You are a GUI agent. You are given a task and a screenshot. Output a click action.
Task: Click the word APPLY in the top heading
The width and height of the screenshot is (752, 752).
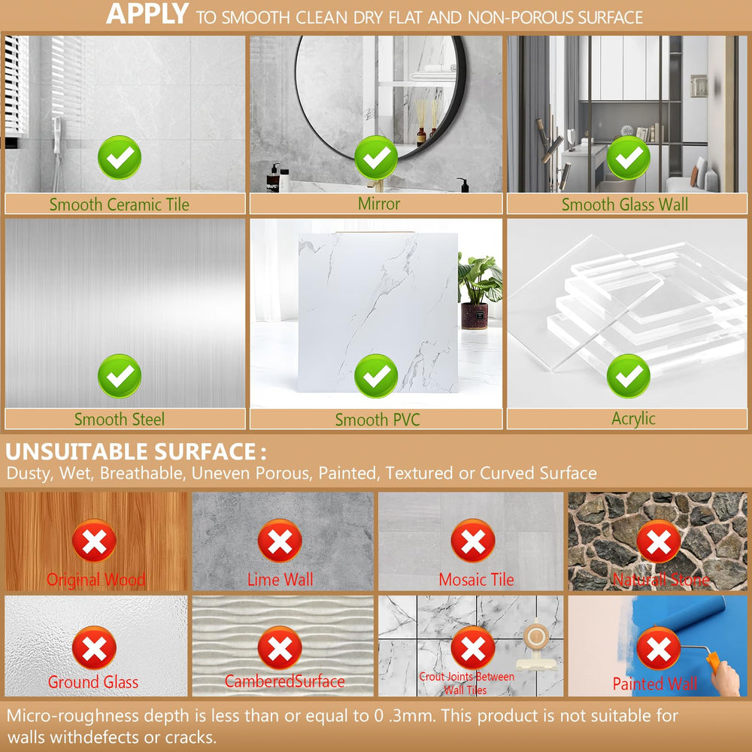tap(147, 14)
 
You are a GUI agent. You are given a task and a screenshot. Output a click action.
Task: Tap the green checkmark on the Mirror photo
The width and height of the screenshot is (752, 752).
tap(376, 157)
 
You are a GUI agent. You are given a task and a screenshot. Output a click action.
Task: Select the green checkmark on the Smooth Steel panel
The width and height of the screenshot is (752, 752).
tap(120, 375)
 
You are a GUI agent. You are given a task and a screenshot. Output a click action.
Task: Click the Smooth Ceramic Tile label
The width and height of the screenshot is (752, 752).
tap(120, 205)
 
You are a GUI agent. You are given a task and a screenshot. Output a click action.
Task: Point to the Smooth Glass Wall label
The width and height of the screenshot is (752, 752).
tap(625, 205)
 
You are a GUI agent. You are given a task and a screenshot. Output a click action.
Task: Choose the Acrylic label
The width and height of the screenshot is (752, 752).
tap(633, 419)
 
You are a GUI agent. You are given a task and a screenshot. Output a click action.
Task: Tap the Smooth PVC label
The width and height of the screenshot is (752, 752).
tap(378, 420)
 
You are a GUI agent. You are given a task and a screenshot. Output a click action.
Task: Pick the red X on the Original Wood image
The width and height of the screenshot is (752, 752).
tap(94, 541)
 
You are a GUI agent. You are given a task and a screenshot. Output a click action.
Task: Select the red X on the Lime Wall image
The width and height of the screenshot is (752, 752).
tap(280, 541)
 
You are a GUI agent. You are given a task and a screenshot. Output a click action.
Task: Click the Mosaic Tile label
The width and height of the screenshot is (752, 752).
tap(476, 579)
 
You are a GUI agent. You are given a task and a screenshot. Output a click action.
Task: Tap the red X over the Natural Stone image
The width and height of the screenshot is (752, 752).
tap(659, 541)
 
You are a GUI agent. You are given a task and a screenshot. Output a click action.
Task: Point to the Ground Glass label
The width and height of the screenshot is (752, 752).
tap(93, 681)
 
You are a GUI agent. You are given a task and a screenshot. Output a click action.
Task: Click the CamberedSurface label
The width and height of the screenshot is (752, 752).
tap(284, 681)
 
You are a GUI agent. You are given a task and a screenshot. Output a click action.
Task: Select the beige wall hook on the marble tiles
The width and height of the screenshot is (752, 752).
tap(535, 645)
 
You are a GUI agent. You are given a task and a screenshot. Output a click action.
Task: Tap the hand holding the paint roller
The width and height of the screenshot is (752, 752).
tap(726, 678)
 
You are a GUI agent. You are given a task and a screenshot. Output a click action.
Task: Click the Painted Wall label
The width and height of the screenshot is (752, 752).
tap(655, 684)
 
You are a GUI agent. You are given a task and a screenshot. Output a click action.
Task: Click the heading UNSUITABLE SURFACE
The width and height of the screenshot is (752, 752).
tap(130, 451)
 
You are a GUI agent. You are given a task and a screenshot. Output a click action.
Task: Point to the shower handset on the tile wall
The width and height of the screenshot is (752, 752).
tap(57, 144)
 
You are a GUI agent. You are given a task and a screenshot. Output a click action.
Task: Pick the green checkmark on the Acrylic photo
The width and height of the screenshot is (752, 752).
tap(628, 375)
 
